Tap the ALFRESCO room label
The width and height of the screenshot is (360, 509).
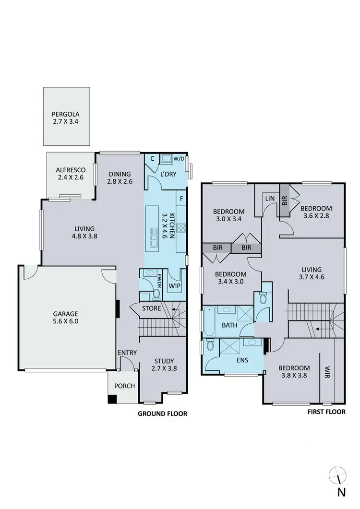tap(71, 170)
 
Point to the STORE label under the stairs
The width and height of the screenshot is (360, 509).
tap(152, 308)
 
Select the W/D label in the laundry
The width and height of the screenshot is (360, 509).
tap(179, 159)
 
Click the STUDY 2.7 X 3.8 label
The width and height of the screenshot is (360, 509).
tap(164, 365)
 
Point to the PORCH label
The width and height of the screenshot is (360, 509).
tap(124, 386)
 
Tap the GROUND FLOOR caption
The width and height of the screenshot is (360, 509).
tap(162, 414)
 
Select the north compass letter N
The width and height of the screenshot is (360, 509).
tap(341, 492)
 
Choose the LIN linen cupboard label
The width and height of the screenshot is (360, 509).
tap(269, 198)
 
